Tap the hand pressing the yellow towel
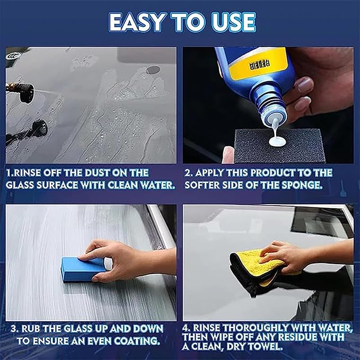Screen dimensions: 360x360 [286, 254]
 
